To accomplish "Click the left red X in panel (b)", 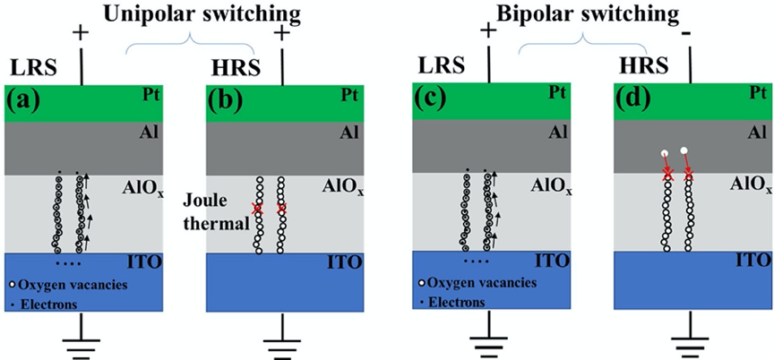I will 258,209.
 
